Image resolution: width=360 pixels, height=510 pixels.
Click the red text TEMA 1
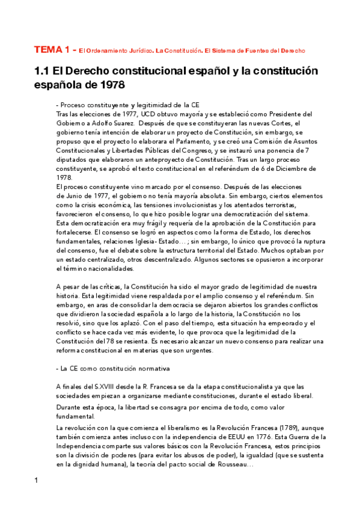(x=53, y=50)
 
